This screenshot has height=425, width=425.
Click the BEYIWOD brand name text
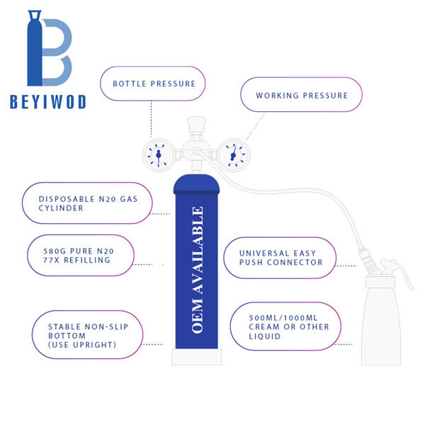point(48,102)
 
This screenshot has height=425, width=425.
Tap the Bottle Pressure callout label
point(153,84)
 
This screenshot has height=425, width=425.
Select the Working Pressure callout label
point(302,95)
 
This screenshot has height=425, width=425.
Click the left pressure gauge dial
point(159,155)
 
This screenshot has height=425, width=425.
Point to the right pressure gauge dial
point(234,155)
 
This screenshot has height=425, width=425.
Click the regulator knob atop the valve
point(196,125)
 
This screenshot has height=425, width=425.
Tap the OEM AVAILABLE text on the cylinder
point(198,270)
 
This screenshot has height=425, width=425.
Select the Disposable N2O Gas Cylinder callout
point(87,203)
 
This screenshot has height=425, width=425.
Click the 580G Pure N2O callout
point(81,255)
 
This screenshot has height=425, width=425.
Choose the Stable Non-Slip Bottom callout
point(88,335)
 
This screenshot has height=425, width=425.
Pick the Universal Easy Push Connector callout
point(280,258)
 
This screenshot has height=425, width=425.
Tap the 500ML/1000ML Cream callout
point(285,327)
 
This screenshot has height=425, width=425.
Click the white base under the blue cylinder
point(197,357)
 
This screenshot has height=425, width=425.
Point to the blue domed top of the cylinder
point(196,183)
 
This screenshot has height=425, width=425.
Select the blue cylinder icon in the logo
point(35,48)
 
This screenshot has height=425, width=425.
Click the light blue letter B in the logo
point(57,52)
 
